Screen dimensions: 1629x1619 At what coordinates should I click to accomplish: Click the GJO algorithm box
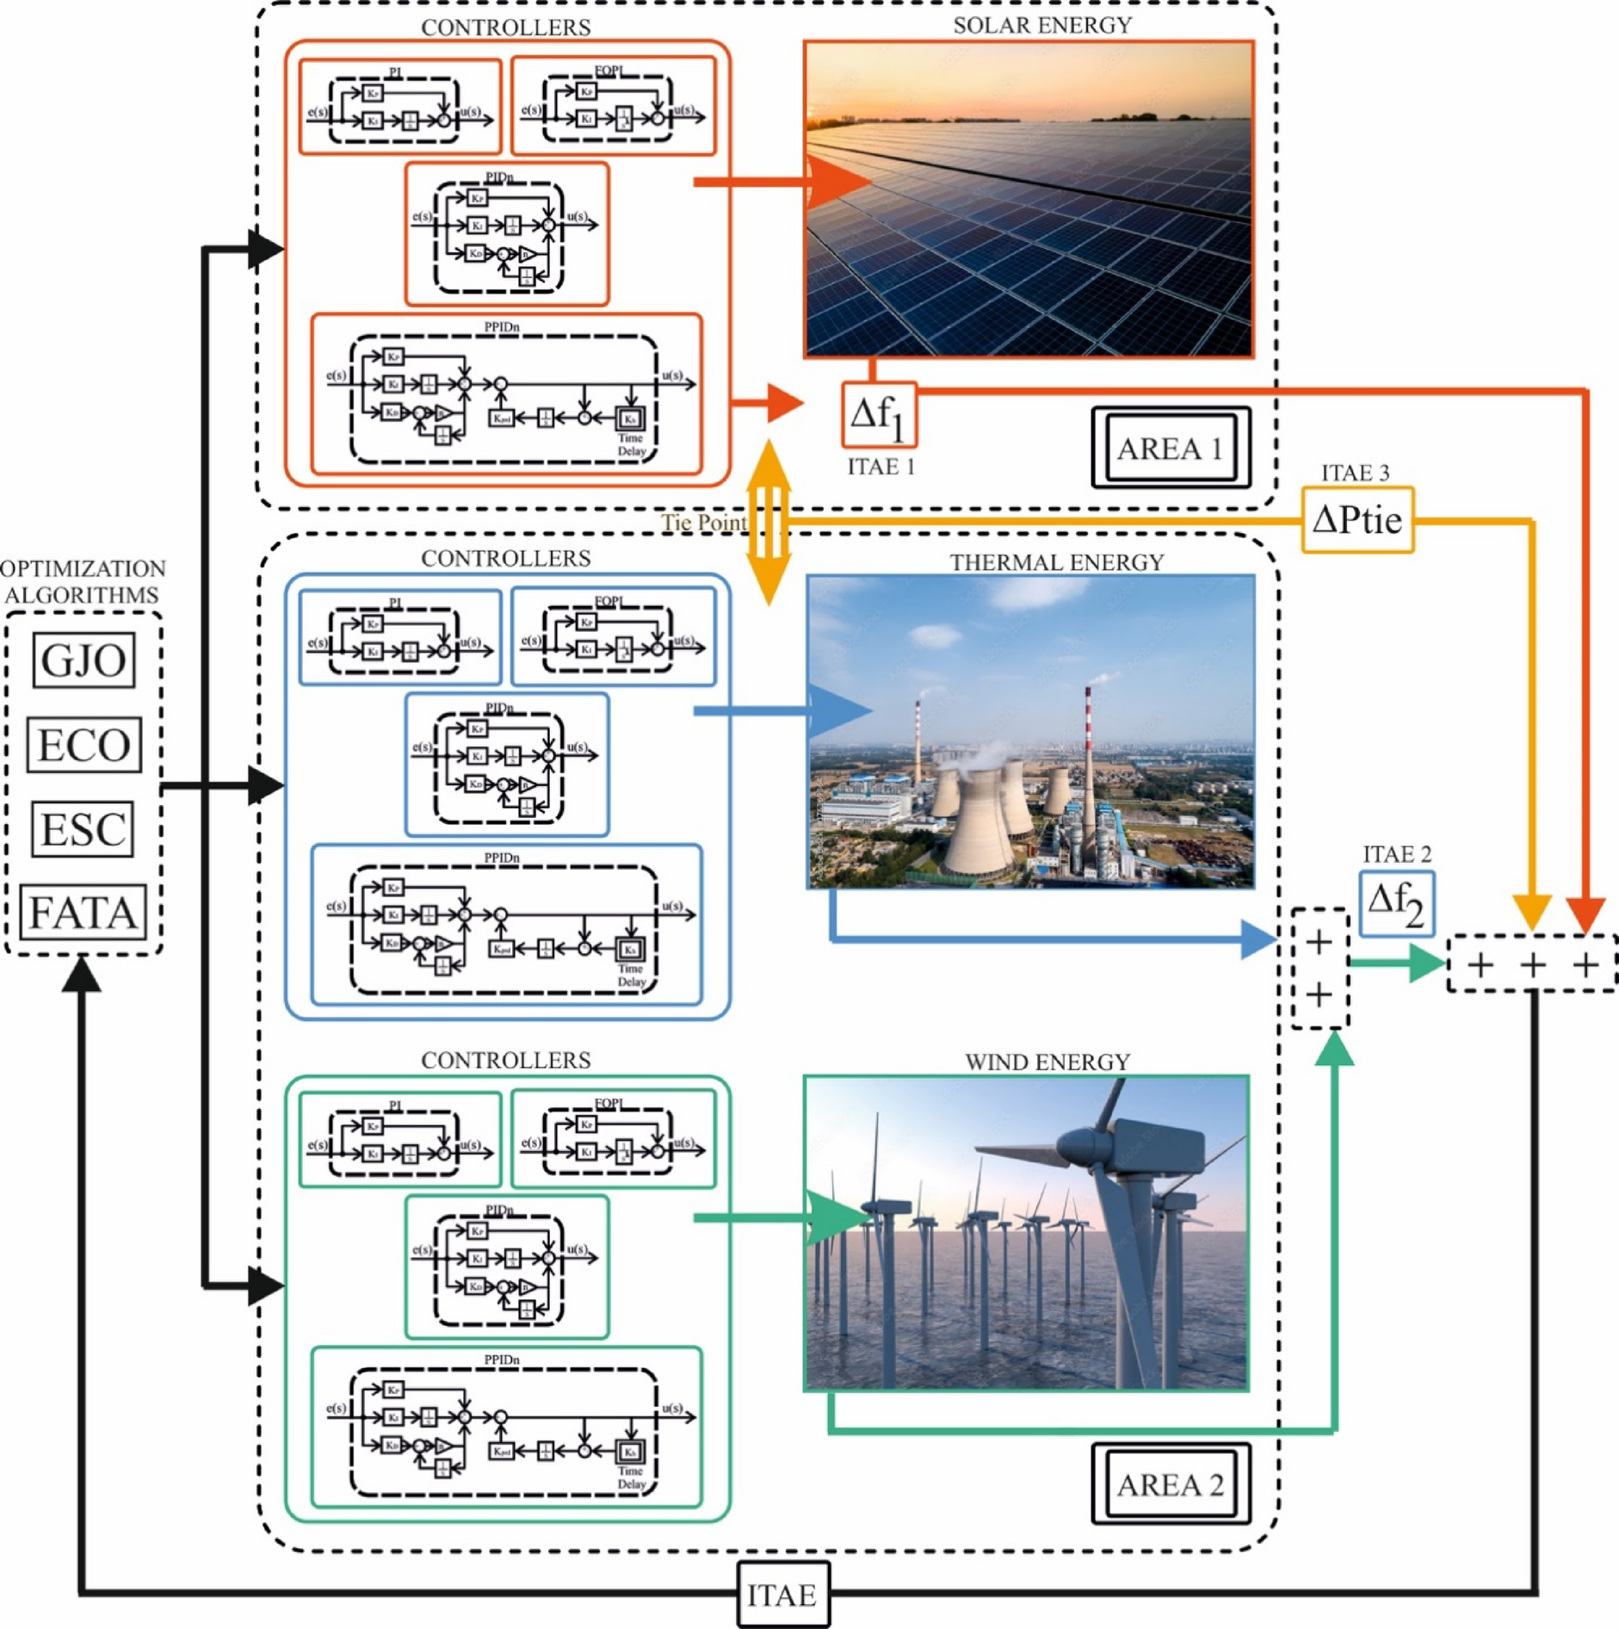click(x=83, y=660)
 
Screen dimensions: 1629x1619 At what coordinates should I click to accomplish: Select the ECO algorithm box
click(x=83, y=745)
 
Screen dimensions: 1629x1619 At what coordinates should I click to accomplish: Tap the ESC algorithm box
click(x=83, y=828)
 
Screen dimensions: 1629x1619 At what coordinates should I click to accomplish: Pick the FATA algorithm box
click(x=83, y=912)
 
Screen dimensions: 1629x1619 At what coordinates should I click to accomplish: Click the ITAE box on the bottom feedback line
click(x=782, y=1595)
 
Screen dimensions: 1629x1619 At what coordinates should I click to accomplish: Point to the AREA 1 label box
click(x=1170, y=448)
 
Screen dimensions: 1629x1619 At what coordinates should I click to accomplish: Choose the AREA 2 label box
click(x=1170, y=1484)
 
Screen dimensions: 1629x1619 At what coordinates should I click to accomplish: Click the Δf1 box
click(x=878, y=415)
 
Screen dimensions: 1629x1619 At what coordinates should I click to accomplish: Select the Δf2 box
click(x=1396, y=903)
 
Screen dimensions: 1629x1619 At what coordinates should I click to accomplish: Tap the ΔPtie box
click(x=1356, y=519)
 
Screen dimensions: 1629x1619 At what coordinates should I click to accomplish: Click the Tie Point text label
click(x=703, y=523)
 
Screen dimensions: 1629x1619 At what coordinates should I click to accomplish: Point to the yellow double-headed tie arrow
click(x=769, y=522)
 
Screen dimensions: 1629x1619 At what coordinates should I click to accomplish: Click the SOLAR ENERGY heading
click(x=1041, y=25)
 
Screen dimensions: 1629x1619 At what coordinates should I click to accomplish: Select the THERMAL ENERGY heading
click(x=1056, y=562)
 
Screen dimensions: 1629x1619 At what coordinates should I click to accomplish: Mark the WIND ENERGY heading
click(x=1047, y=1062)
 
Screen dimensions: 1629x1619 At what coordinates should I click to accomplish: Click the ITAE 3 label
click(x=1355, y=473)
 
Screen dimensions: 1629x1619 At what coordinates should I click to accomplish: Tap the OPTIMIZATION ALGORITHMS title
click(x=83, y=581)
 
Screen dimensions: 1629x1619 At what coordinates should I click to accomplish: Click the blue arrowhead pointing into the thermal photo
click(x=838, y=711)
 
